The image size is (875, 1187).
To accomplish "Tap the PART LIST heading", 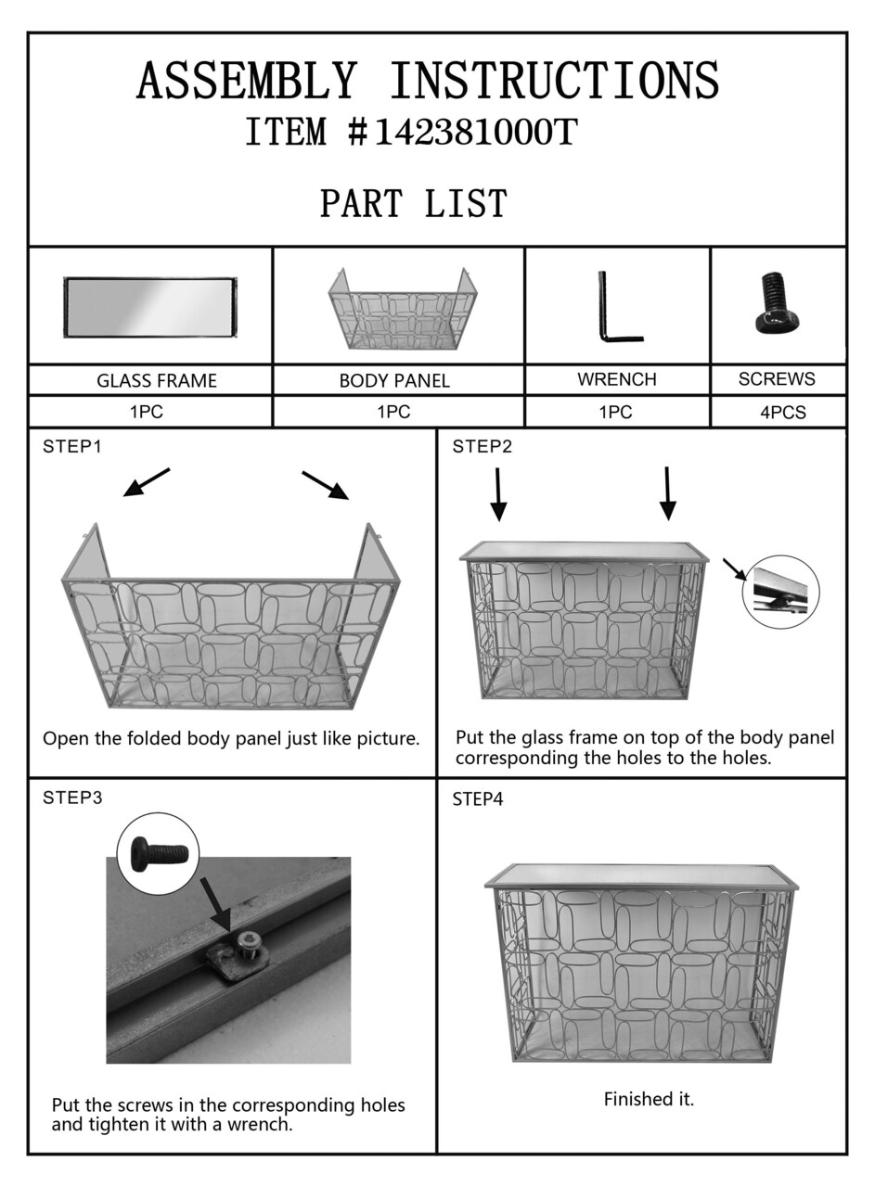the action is pyautogui.click(x=414, y=203).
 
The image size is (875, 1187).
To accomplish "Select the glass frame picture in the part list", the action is pyautogui.click(x=150, y=307).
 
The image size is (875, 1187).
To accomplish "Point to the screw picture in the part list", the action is pyautogui.click(x=776, y=301).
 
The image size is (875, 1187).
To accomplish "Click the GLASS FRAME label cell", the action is pyautogui.click(x=150, y=380).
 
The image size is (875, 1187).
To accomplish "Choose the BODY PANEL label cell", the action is pyautogui.click(x=398, y=380).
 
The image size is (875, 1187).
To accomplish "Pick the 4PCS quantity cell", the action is pyautogui.click(x=778, y=412).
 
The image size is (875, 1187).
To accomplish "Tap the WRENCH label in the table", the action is pyautogui.click(x=617, y=379).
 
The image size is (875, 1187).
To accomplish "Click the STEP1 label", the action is pyautogui.click(x=71, y=447).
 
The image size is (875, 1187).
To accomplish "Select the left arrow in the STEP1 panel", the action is pyautogui.click(x=147, y=482).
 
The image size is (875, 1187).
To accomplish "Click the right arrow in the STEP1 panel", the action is pyautogui.click(x=326, y=485).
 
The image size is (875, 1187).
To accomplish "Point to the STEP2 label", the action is pyautogui.click(x=483, y=447).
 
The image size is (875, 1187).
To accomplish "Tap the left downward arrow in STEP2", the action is pyautogui.click(x=498, y=494).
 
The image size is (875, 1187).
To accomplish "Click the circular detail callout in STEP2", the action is pyautogui.click(x=780, y=593).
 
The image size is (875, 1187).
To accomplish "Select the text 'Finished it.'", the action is pyautogui.click(x=649, y=1099).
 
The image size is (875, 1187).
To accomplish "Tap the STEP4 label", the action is pyautogui.click(x=477, y=799).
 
